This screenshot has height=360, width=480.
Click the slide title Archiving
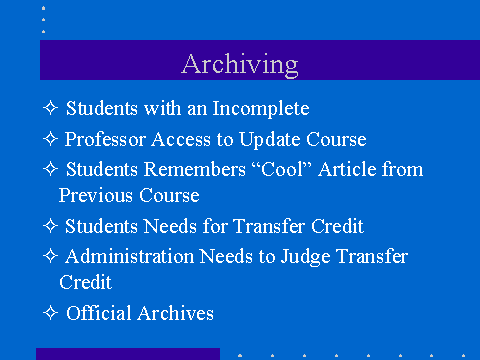240,64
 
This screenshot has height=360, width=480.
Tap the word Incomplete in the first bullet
261,108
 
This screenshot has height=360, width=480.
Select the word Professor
105,139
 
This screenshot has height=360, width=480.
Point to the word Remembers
195,169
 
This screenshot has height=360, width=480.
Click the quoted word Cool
282,169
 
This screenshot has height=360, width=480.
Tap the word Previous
96,195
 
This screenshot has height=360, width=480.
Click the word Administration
130,256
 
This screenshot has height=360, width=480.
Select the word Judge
305,257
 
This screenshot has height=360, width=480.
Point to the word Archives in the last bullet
176,313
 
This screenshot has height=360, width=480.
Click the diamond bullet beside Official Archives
50,313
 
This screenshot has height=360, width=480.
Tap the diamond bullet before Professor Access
50,139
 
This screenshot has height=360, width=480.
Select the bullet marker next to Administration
50,256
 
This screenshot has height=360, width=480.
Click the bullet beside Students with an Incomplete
50,108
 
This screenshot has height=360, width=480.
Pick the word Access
181,139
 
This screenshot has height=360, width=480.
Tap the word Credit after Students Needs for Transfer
338,226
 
